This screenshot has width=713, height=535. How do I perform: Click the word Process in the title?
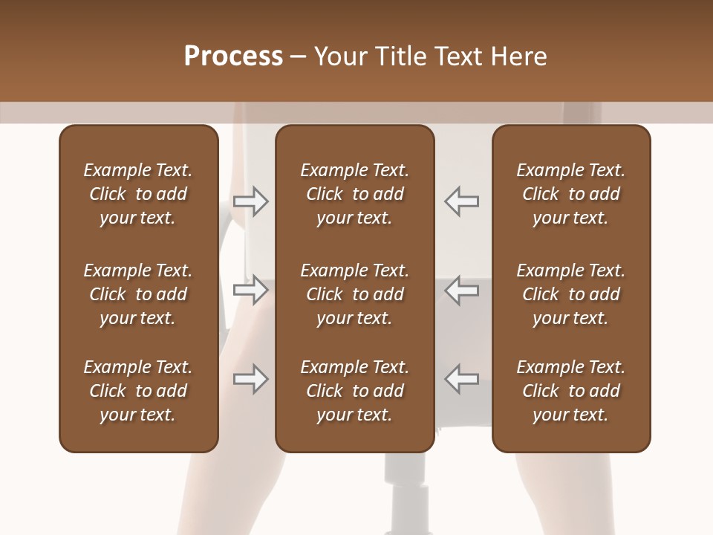pyautogui.click(x=233, y=56)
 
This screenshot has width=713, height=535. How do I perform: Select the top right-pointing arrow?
pyautogui.click(x=251, y=201)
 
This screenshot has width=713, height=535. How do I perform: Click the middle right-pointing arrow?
pyautogui.click(x=251, y=290)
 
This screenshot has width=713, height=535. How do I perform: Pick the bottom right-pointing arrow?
pyautogui.click(x=251, y=379)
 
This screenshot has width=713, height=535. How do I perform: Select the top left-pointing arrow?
pyautogui.click(x=462, y=201)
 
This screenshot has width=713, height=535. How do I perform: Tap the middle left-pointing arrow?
pyautogui.click(x=462, y=290)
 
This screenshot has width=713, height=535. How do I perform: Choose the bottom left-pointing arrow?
pyautogui.click(x=462, y=379)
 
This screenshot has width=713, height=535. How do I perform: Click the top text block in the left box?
pyautogui.click(x=138, y=194)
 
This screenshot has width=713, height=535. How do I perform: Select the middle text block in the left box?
pyautogui.click(x=138, y=294)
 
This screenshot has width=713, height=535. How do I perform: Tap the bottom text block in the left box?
pyautogui.click(x=138, y=391)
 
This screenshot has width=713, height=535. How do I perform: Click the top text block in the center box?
pyautogui.click(x=354, y=194)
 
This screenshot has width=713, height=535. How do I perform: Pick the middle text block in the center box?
pyautogui.click(x=354, y=294)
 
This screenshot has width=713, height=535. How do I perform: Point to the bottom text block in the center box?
pyautogui.click(x=354, y=391)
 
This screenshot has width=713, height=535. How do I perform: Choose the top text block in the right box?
pyautogui.click(x=571, y=194)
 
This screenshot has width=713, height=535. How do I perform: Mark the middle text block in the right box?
pyautogui.click(x=571, y=294)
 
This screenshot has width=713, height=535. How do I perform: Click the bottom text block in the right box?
pyautogui.click(x=571, y=391)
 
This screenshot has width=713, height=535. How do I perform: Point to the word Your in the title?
pyautogui.click(x=339, y=56)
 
